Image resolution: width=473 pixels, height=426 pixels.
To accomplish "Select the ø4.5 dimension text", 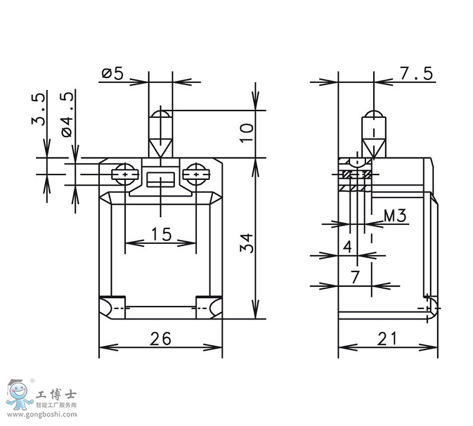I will tap(69, 114).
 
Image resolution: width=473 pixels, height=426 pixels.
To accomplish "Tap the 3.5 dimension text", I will tap(39, 109).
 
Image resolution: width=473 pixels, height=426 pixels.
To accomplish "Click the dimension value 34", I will tap(247, 243).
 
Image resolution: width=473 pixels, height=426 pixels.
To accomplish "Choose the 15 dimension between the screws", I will tap(160, 234).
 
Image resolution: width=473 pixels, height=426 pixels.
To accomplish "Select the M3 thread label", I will tap(394, 216).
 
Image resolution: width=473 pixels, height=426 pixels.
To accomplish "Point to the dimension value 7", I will tap(355, 277).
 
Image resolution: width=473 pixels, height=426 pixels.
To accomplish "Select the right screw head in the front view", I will tap(196, 174).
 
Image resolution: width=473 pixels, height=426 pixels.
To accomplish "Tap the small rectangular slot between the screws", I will tap(160, 177).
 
